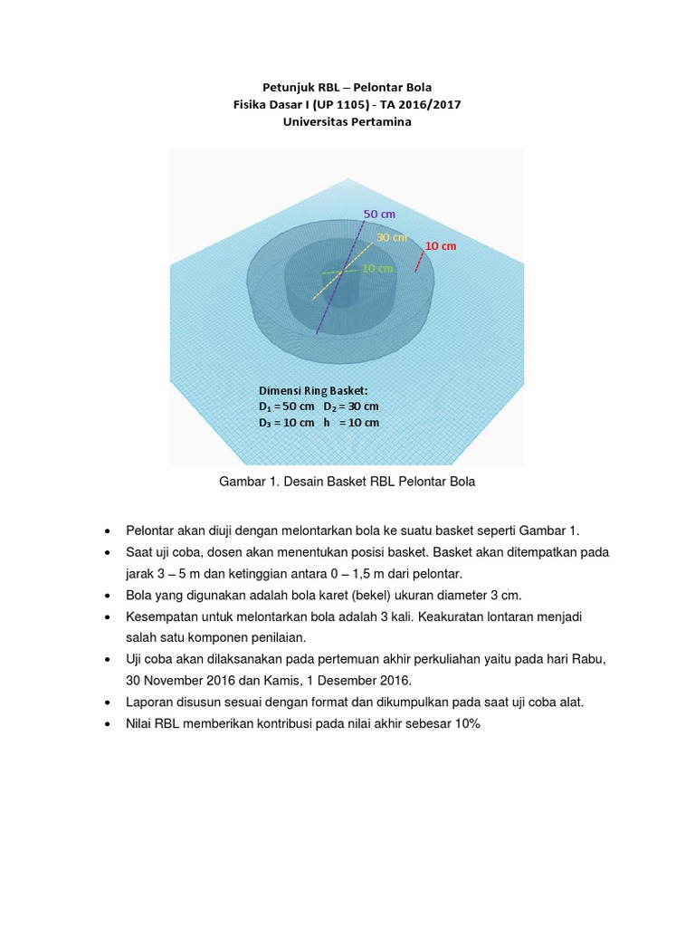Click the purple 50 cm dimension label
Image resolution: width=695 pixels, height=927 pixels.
pos(379,214)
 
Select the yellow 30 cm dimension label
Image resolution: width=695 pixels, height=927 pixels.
pos(392,237)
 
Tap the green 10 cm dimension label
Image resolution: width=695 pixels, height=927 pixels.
pos(377,269)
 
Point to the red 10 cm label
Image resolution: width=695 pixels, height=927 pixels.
pos(441,246)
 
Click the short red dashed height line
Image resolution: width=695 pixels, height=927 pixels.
pos(418,262)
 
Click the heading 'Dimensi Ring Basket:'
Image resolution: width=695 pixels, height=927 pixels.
pos(313,390)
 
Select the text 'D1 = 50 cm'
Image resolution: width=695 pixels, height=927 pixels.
pos(286,406)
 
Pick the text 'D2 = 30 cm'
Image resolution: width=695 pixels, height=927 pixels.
pos(351,406)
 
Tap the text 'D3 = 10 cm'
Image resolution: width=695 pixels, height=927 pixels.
pos(286,423)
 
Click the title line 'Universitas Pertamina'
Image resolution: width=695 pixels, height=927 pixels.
pos(347,122)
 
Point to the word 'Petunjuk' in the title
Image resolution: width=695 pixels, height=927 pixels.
pos(285,88)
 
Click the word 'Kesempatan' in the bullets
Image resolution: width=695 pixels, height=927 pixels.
pos(164,616)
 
